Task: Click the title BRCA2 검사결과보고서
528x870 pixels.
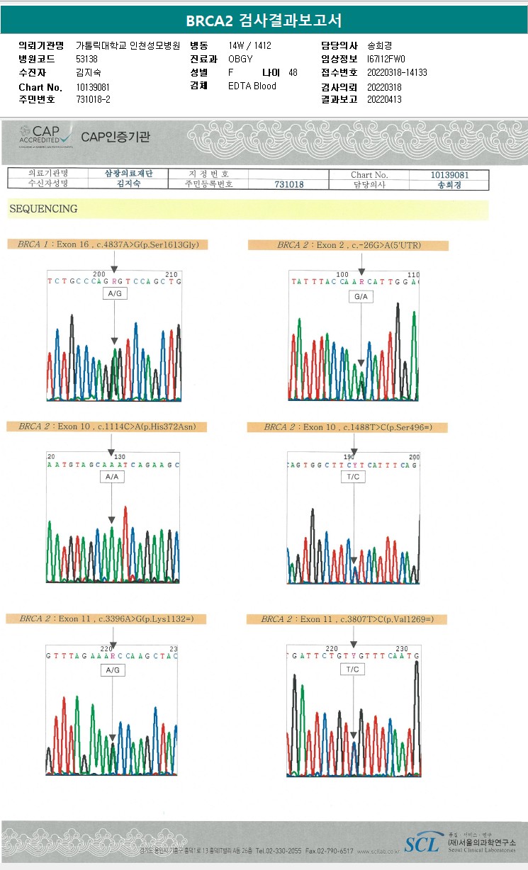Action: click(264, 21)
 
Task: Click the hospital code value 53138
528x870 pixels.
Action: click(86, 59)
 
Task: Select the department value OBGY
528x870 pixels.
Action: click(240, 59)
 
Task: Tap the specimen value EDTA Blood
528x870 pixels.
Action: click(252, 86)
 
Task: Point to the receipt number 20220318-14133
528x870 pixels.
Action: click(397, 72)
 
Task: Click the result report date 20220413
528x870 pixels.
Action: click(384, 100)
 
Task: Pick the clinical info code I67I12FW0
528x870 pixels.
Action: click(386, 59)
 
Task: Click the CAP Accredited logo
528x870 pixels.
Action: click(45, 135)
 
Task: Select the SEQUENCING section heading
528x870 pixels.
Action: click(43, 209)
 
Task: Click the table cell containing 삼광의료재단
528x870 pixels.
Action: click(130, 174)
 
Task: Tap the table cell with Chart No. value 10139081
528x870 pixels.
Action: click(449, 174)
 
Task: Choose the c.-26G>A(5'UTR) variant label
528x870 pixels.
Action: click(348, 245)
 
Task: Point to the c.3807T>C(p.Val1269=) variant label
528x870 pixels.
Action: click(347, 619)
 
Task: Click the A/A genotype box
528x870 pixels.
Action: click(112, 478)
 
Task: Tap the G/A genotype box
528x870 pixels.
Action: click(361, 297)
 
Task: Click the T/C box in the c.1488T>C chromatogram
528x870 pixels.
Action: click(354, 478)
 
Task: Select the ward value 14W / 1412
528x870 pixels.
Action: click(250, 45)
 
